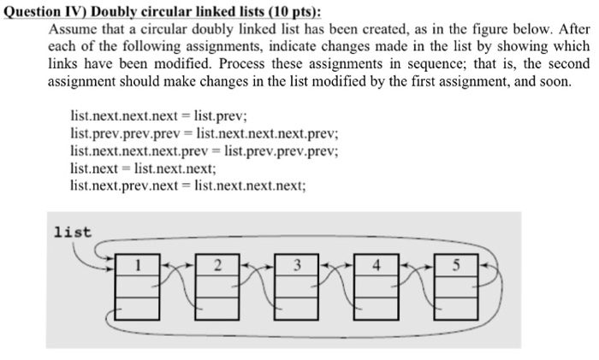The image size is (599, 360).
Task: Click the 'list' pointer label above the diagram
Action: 72,231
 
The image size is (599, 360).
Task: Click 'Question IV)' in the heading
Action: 46,10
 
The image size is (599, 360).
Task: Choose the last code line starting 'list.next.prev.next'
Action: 187,186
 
